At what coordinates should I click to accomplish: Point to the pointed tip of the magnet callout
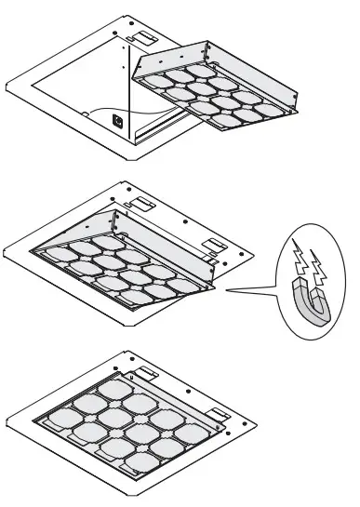click(x=225, y=290)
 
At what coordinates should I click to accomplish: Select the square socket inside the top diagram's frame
click(x=116, y=119)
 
